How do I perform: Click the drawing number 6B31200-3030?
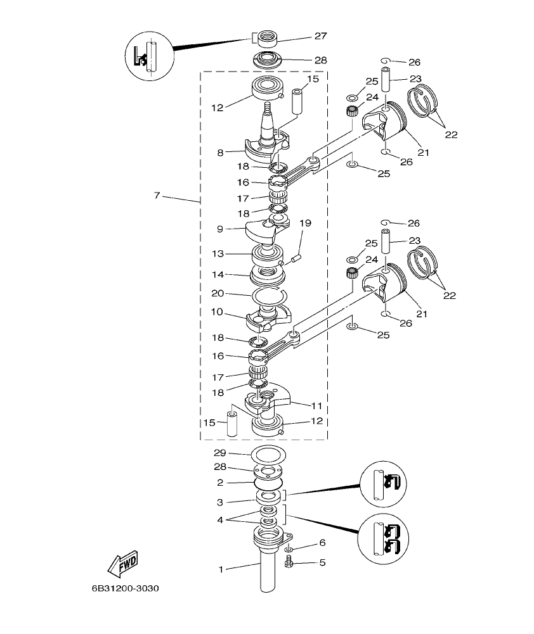pos(125,588)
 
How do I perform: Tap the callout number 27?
pos(320,36)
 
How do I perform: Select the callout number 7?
pos(157,196)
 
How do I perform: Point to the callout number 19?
pos(306,224)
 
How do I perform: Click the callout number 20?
pos(217,294)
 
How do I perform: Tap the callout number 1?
pos(221,569)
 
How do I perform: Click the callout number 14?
pos(217,275)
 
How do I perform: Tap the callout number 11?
pos(316,404)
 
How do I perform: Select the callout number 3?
pos(221,502)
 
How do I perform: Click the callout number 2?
pos(221,483)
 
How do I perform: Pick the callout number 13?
pos(217,253)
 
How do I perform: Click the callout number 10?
pos(217,312)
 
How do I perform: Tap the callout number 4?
pos(221,521)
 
